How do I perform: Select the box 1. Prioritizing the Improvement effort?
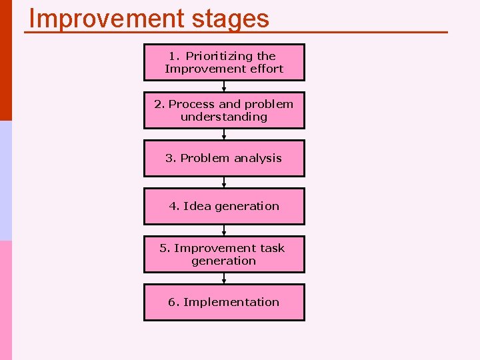pos(224,62)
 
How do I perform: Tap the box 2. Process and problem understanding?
pos(224,110)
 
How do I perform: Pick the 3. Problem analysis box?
pos(224,158)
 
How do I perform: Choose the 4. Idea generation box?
pos(224,206)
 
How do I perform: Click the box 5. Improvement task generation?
pos(224,254)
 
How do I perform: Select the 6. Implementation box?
pos(224,302)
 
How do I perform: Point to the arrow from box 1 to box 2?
pos(224,86)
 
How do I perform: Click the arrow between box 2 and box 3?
pos(224,134)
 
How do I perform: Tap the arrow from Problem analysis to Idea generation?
pos(224,182)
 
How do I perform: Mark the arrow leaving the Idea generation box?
pos(224,230)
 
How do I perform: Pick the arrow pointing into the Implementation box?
pos(224,278)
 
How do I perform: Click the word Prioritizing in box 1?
pos(221,56)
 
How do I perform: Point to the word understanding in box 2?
pos(224,117)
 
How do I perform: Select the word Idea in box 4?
pos(197,206)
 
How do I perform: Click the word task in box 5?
pos(272,248)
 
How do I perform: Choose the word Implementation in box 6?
pos(231,302)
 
